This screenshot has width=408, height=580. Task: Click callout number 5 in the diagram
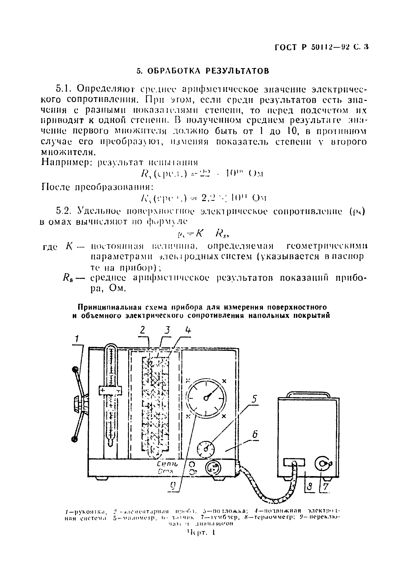[255, 399]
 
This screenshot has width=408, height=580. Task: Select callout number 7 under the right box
[326, 486]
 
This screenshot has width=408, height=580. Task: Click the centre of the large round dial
[206, 398]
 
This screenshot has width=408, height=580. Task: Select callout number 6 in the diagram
[255, 434]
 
